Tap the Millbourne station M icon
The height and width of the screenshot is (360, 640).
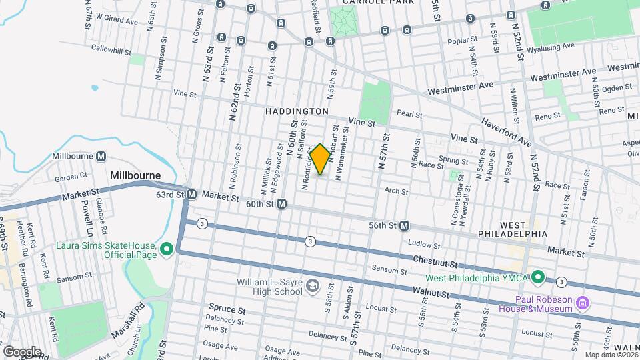point(101,157)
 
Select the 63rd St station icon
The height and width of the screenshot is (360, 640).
point(191,195)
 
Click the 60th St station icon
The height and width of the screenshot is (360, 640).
point(282,203)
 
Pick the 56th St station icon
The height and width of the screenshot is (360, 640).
point(405,226)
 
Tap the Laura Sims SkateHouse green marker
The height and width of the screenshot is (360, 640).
point(167,249)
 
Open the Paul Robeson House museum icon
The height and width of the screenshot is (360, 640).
point(583,303)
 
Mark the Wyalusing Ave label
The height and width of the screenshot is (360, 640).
point(550,48)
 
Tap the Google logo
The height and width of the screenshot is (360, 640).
point(21,351)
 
